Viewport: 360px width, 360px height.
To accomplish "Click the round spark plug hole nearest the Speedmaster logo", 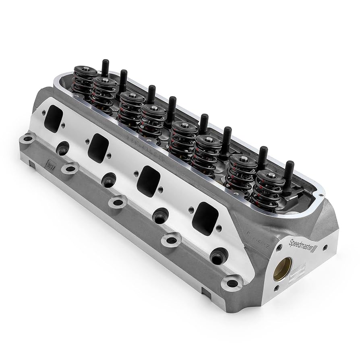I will [219, 256].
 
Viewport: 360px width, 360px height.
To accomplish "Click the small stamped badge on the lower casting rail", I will [49, 165].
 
